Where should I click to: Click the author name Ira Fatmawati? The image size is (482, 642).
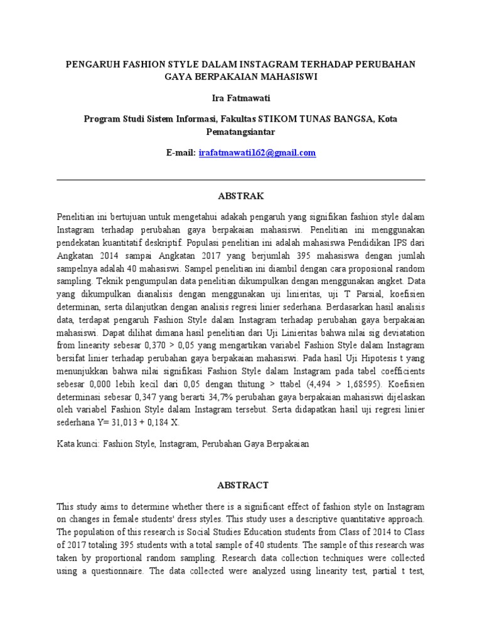[241, 99]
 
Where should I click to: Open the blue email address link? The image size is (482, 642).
[257, 153]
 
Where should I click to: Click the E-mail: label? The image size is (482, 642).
[181, 153]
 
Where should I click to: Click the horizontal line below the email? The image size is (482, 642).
[241, 180]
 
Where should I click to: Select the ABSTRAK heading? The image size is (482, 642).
[241, 196]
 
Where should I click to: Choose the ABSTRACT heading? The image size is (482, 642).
[241, 485]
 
